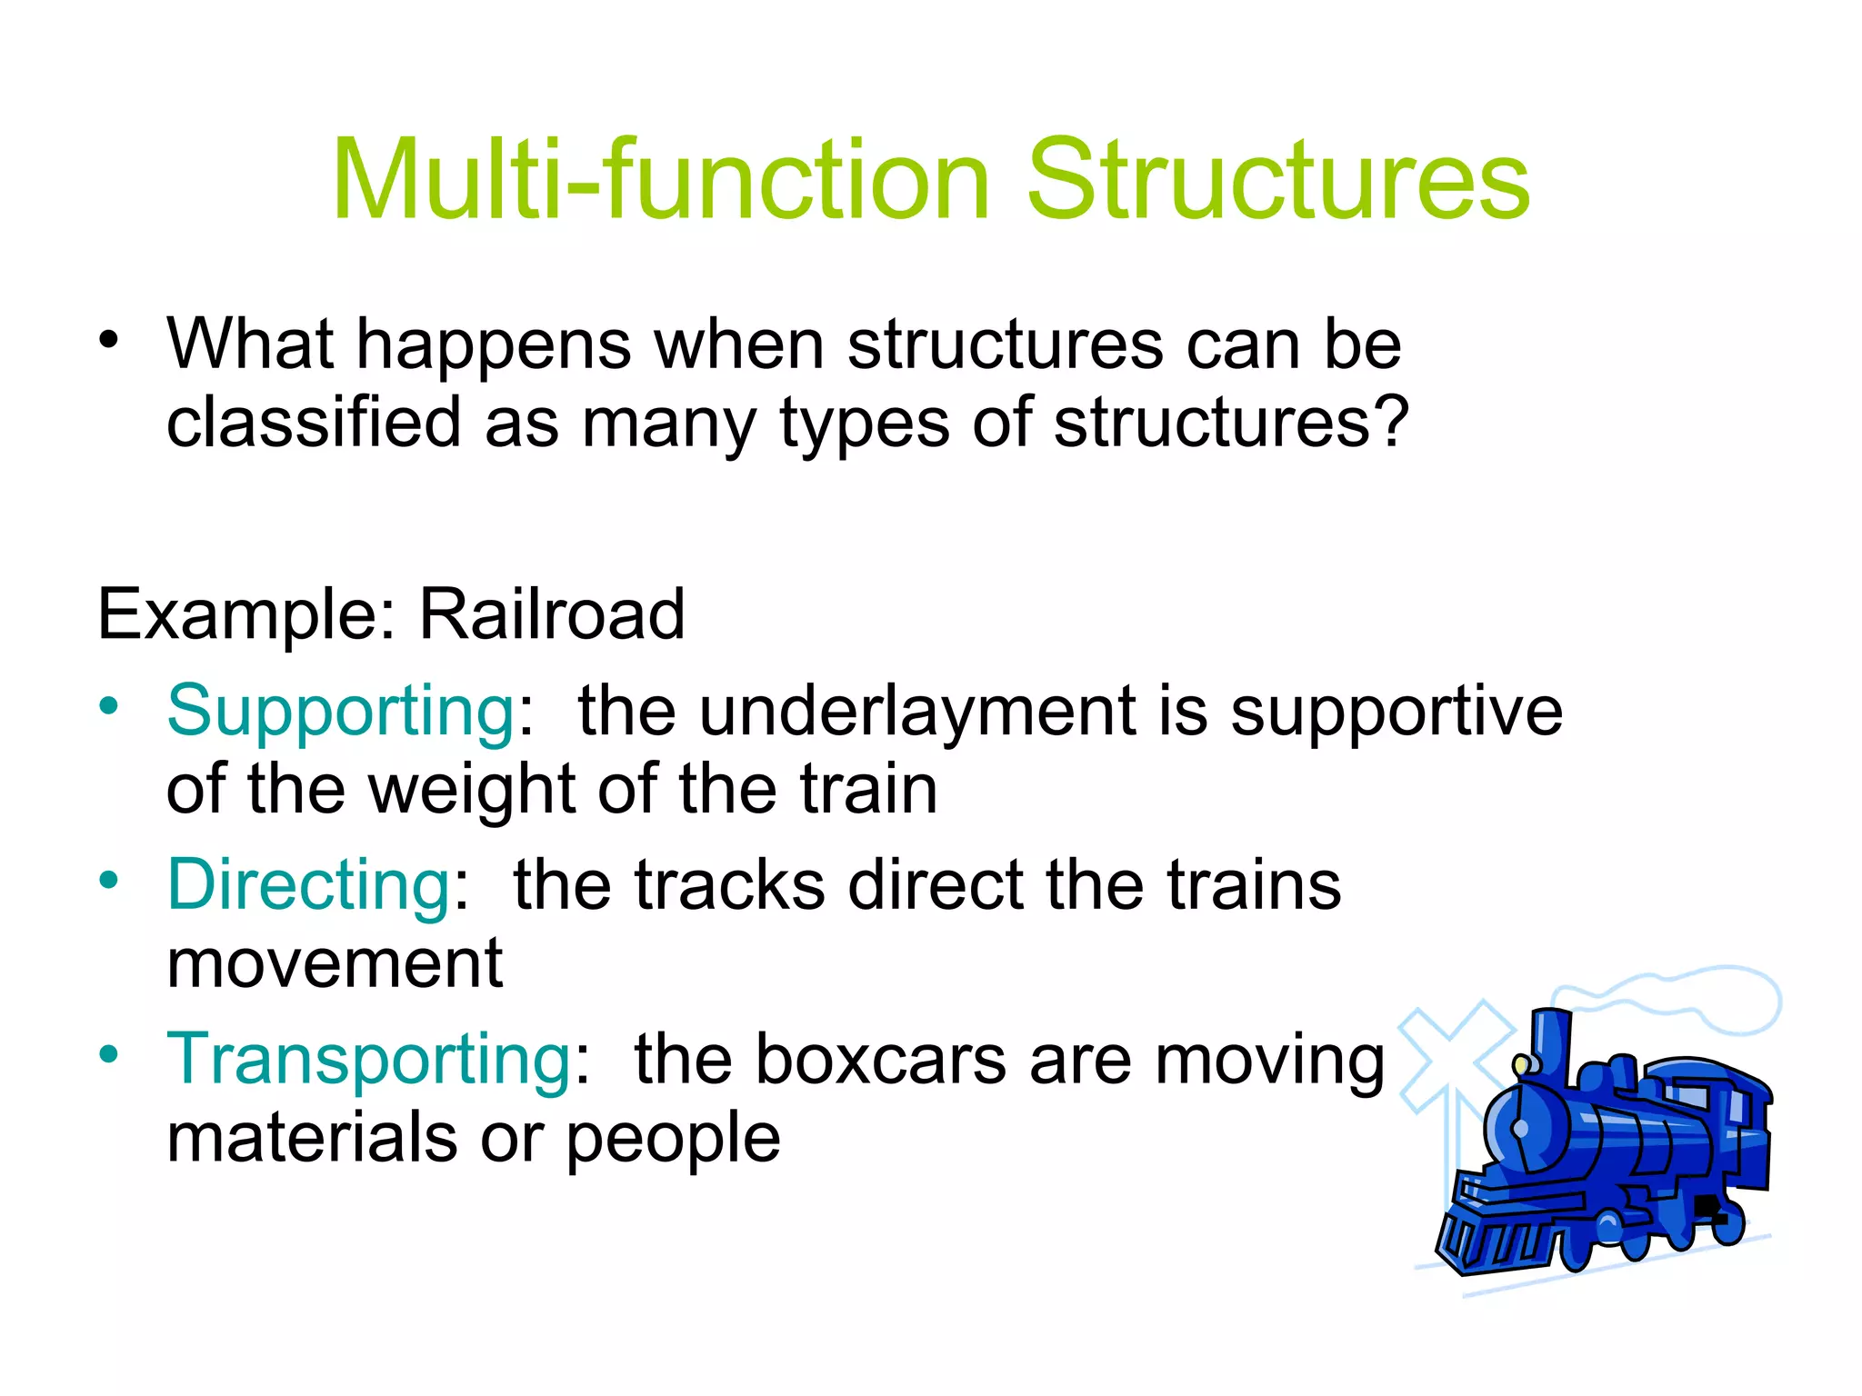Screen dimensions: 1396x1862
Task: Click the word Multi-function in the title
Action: coord(659,179)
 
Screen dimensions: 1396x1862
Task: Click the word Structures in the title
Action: coord(1278,179)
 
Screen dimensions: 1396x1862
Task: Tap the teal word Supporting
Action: coord(341,711)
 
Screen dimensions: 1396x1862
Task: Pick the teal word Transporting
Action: coord(368,1060)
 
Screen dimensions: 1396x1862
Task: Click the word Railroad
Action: coord(551,615)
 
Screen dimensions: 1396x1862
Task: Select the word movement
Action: coord(335,963)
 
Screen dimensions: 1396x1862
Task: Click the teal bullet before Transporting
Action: coord(109,1054)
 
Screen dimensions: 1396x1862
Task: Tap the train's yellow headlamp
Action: coord(1522,1063)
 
